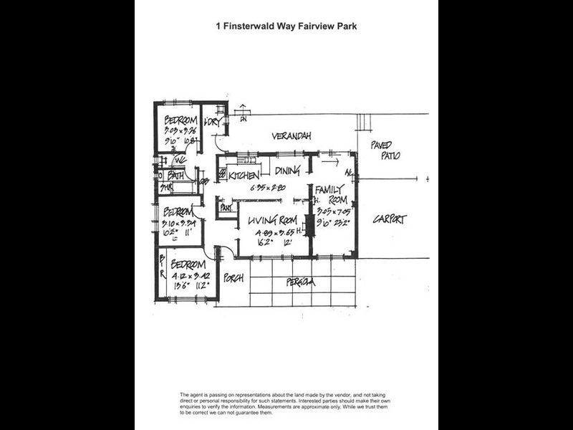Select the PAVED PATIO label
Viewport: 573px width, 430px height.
(385, 150)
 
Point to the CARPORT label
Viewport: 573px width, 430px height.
(389, 220)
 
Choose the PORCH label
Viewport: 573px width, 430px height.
(233, 277)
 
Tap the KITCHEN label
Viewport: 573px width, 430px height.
(244, 175)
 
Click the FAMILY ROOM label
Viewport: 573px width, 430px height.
(332, 196)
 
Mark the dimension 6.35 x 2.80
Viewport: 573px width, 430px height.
(268, 188)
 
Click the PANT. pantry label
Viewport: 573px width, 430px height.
(226, 208)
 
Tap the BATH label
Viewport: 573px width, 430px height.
(176, 175)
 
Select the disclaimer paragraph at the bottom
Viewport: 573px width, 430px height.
(286, 404)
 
